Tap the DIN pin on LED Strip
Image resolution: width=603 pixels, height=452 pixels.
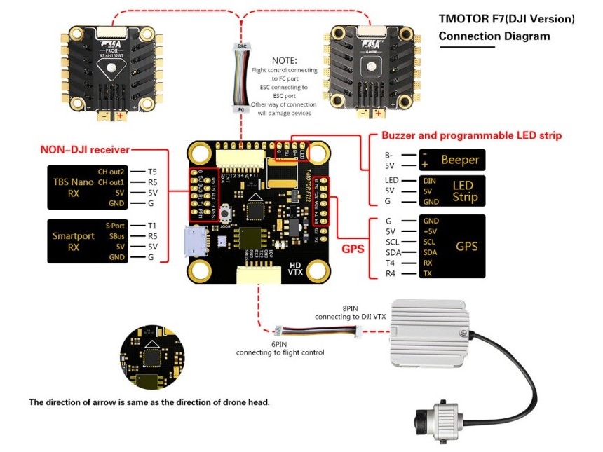click(x=430, y=180)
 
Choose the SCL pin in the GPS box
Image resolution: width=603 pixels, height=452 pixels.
click(x=430, y=242)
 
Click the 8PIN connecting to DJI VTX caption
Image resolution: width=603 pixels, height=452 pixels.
click(x=351, y=313)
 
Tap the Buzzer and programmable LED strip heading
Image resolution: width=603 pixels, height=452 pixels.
click(x=471, y=135)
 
